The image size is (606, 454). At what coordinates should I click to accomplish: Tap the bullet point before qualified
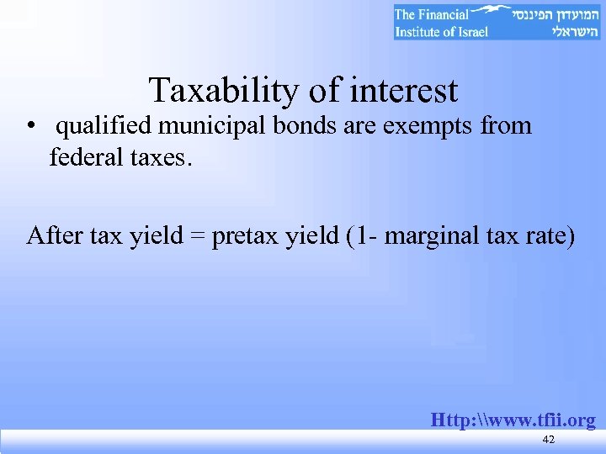pyautogui.click(x=29, y=127)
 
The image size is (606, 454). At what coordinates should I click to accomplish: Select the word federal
pyautogui.click(x=86, y=157)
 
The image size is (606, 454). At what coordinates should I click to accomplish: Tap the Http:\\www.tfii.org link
pyautogui.click(x=513, y=420)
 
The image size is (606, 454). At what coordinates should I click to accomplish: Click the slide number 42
pyautogui.click(x=549, y=441)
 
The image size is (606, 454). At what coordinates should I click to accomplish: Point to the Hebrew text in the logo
pyautogui.click(x=556, y=22)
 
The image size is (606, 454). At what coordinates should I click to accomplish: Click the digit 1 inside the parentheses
pyautogui.click(x=359, y=235)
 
